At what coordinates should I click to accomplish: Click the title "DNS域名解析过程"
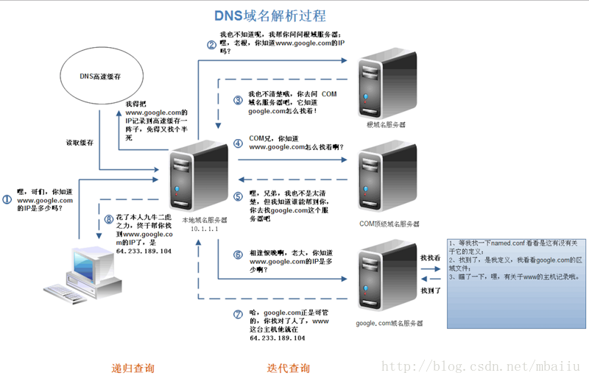[x=269, y=15]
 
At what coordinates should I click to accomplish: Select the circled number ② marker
[x=211, y=44]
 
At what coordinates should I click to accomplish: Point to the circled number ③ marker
[x=238, y=100]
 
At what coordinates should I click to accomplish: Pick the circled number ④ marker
[x=238, y=143]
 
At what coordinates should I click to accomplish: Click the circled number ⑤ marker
[x=238, y=196]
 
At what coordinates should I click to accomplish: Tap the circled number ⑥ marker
[x=238, y=254]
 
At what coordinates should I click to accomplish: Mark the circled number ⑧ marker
[x=108, y=218]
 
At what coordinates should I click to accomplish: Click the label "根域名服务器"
[x=386, y=125]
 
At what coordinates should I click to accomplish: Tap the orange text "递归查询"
[x=133, y=368]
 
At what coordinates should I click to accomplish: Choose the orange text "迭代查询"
[x=289, y=368]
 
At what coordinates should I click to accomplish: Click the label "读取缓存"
[x=80, y=142]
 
